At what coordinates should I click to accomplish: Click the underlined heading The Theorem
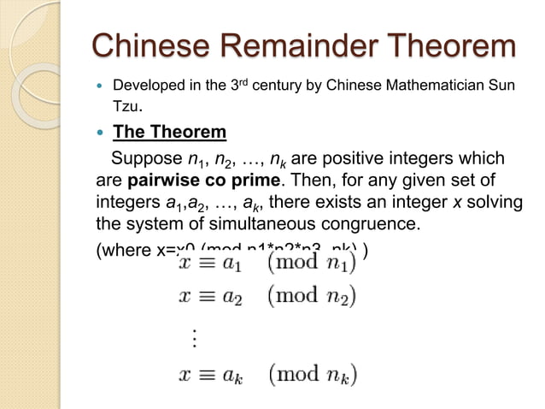point(170,133)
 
